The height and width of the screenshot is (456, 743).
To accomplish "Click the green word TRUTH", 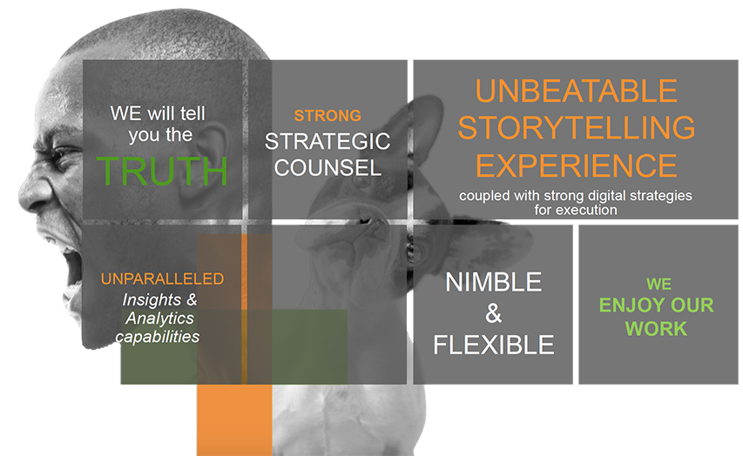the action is pyautogui.click(x=162, y=171).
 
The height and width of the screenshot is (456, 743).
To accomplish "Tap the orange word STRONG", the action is pyautogui.click(x=328, y=116).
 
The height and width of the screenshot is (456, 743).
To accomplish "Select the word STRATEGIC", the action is pyautogui.click(x=328, y=141).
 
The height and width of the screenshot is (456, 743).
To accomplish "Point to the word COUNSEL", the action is pyautogui.click(x=328, y=168).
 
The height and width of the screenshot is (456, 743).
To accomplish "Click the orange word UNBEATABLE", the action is pyautogui.click(x=577, y=91).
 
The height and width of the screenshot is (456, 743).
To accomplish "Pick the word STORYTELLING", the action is pyautogui.click(x=577, y=127).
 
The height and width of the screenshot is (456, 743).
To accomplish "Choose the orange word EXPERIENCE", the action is pyautogui.click(x=577, y=165).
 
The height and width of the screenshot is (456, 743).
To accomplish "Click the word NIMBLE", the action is pyautogui.click(x=493, y=282).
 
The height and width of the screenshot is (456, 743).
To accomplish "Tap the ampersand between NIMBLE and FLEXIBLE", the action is pyautogui.click(x=493, y=313).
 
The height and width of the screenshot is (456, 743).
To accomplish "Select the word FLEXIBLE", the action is pyautogui.click(x=493, y=345).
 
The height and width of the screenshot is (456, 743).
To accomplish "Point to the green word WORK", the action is pyautogui.click(x=656, y=329).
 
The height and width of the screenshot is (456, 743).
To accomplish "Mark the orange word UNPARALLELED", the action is pyautogui.click(x=162, y=278).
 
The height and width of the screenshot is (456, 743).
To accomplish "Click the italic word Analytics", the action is pyautogui.click(x=159, y=319).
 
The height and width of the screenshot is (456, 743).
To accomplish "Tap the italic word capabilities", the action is pyautogui.click(x=158, y=337).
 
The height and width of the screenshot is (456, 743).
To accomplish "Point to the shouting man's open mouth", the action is pyautogui.click(x=71, y=265).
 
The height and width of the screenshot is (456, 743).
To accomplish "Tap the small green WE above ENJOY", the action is pyautogui.click(x=659, y=284).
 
